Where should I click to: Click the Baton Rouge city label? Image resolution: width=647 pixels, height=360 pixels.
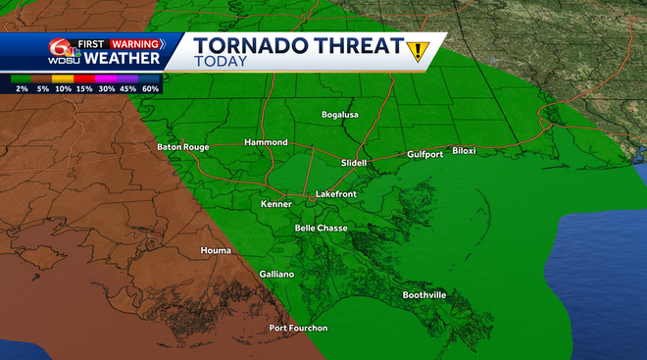[x=183, y=147]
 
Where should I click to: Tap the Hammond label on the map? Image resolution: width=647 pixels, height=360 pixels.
[x=266, y=142]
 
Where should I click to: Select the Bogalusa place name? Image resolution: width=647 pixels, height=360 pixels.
[x=340, y=115]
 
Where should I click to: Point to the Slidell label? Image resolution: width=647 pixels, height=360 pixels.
[x=354, y=162]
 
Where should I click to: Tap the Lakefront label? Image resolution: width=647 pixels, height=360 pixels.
[x=336, y=194]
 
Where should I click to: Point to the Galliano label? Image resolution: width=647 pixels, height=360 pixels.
[x=276, y=275]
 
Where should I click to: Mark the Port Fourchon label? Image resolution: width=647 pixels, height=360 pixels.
[x=298, y=328]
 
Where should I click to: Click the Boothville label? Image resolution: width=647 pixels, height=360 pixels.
[x=424, y=295]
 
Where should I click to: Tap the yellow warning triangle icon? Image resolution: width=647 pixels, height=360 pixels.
[x=421, y=50]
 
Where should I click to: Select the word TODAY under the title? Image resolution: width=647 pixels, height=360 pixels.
[x=220, y=62]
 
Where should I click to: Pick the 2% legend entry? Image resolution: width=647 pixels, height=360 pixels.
[x=22, y=88]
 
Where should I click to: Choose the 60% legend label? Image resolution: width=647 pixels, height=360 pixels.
[x=150, y=88]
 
